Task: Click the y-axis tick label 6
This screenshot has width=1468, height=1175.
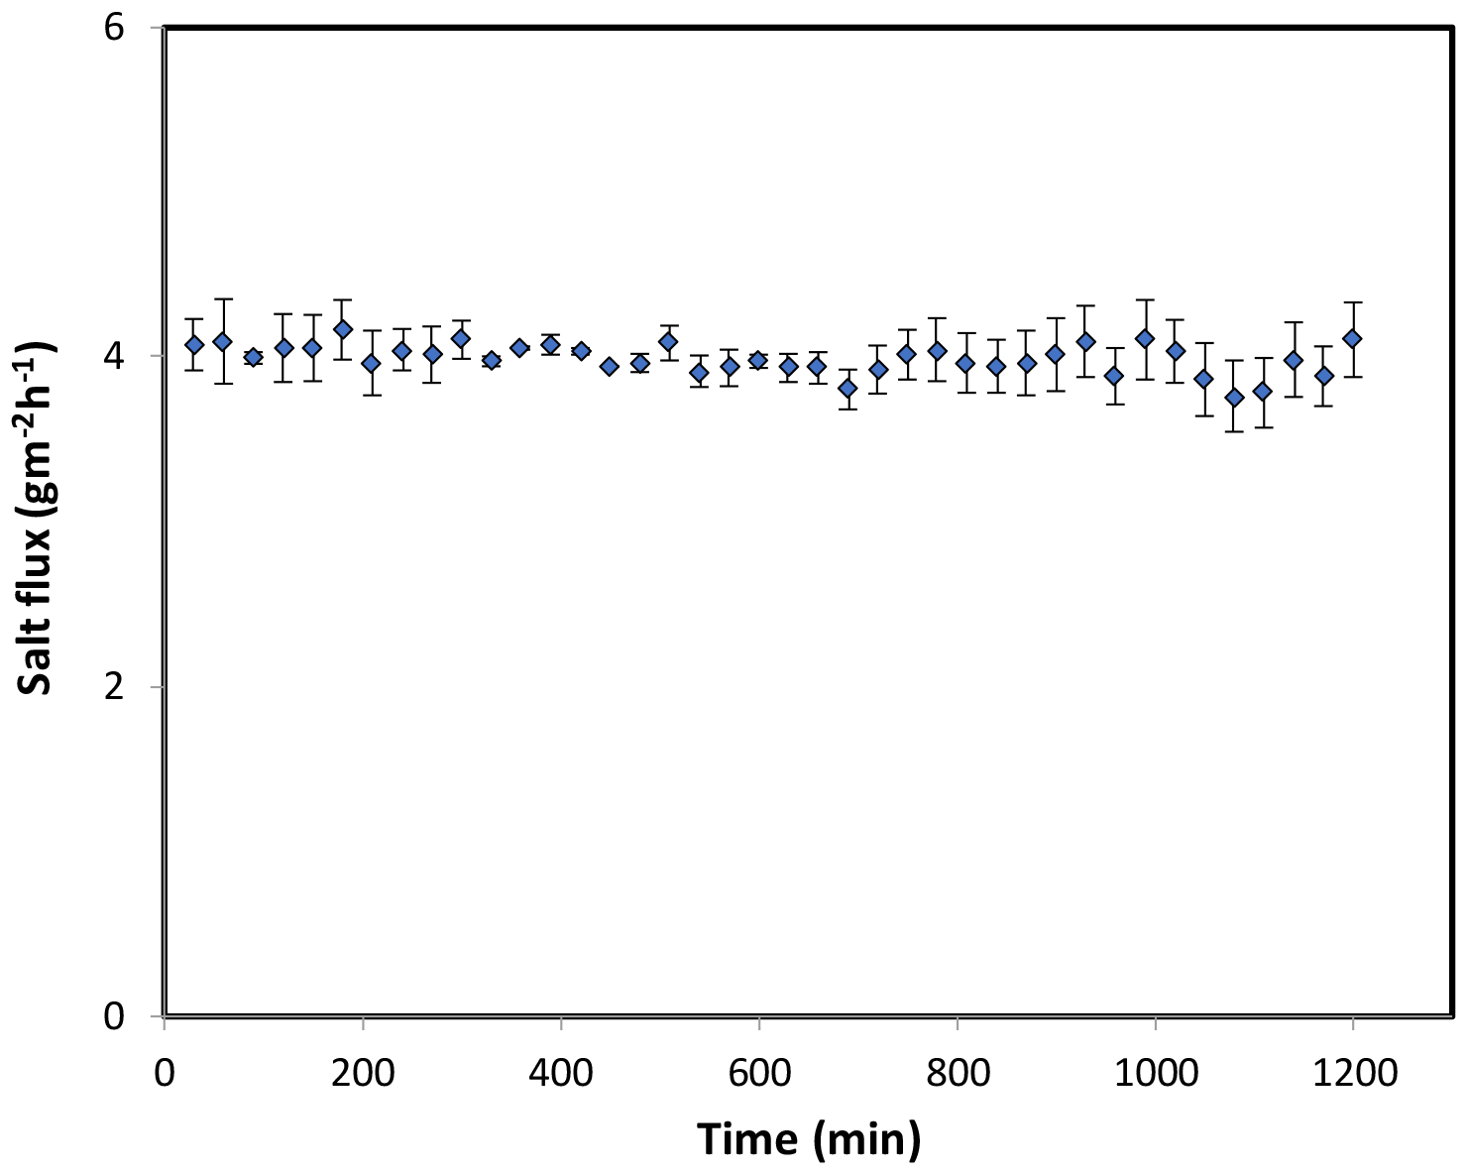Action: [x=115, y=28]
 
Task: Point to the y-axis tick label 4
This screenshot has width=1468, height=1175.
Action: [x=115, y=357]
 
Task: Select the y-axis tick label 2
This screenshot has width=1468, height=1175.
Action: [x=115, y=686]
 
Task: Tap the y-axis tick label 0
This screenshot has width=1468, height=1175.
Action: [x=115, y=1016]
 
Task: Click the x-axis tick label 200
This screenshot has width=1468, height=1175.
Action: [x=363, y=1073]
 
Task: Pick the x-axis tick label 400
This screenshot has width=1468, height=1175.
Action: [x=561, y=1073]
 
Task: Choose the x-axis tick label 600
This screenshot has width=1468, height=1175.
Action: [x=759, y=1073]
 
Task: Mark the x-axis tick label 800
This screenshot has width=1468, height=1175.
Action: [x=958, y=1073]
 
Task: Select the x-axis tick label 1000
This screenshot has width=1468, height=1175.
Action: [x=1156, y=1073]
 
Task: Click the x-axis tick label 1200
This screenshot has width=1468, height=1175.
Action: [x=1353, y=1073]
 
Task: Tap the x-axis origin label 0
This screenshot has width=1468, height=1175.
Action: [x=165, y=1073]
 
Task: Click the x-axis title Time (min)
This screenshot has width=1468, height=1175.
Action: [x=809, y=1139]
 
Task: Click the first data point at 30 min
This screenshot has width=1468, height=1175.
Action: [x=194, y=345]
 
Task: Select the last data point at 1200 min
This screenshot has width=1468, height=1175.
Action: [x=1352, y=339]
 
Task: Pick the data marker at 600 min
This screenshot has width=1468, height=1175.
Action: [x=758, y=360]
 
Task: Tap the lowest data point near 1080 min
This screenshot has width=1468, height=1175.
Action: [x=1234, y=398]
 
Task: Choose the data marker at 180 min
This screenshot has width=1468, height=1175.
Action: [x=343, y=329]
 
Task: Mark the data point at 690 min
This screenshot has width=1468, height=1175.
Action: [x=847, y=388]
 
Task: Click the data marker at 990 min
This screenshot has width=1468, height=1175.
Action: [x=1145, y=338]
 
